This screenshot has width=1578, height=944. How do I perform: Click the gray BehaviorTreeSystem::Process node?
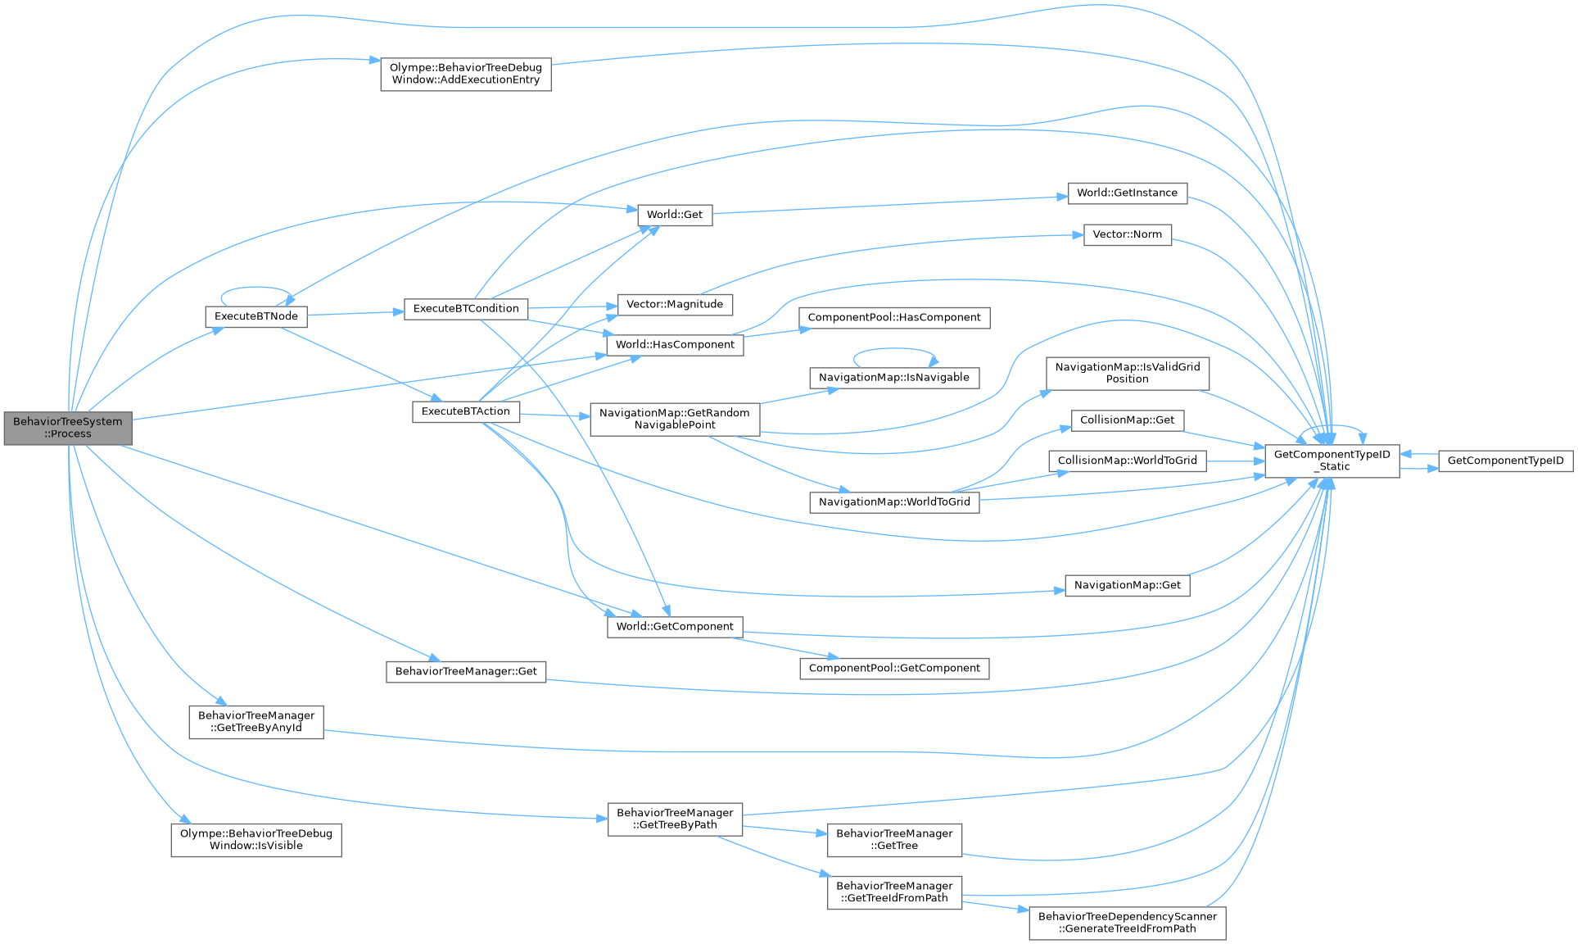68,428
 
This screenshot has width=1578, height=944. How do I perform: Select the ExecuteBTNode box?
256,316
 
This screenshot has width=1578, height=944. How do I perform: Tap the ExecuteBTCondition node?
466,309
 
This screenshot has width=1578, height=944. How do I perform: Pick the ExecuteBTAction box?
466,411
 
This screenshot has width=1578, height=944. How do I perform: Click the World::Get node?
675,215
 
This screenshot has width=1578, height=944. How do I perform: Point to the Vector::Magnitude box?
675,304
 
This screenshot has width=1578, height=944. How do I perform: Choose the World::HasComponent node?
675,345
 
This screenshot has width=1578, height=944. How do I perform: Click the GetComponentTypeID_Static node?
1332,461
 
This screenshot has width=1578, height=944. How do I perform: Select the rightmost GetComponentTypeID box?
1505,461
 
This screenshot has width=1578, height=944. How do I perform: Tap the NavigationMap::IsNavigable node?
893,378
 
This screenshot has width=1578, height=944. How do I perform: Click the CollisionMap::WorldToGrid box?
1127,461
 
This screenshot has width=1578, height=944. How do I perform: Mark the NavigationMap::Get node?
1127,585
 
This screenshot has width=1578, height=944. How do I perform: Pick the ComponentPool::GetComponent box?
894,669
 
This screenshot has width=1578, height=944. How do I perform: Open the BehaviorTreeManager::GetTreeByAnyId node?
256,722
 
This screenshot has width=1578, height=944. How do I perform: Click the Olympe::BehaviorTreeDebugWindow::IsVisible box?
256,840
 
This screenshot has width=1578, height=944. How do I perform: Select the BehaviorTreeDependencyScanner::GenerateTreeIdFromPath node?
1127,923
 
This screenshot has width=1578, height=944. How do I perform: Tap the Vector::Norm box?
1127,234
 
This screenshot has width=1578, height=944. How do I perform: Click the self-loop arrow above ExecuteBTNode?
255,288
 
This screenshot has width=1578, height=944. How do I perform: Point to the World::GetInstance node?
1127,193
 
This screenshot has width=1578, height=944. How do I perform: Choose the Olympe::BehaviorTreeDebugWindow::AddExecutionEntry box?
465,74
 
